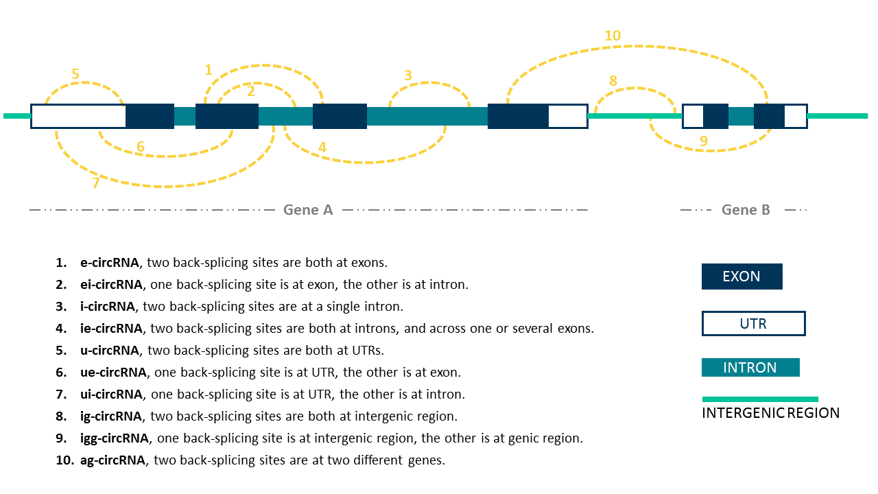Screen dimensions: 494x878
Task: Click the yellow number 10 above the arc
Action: (613, 36)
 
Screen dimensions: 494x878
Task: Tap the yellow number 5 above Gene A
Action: (75, 74)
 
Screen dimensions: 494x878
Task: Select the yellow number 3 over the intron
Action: (407, 75)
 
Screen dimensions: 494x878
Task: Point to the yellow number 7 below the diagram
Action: (95, 183)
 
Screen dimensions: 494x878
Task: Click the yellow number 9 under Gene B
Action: (703, 141)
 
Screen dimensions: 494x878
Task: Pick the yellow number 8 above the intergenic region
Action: (613, 81)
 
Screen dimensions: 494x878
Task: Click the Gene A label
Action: (308, 210)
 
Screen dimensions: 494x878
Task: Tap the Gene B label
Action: (746, 210)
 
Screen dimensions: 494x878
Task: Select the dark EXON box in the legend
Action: (741, 277)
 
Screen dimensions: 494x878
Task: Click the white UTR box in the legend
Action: (753, 323)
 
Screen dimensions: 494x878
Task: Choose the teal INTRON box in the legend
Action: (750, 368)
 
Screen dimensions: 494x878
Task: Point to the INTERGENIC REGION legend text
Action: (770, 413)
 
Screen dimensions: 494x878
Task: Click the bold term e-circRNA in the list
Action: (110, 263)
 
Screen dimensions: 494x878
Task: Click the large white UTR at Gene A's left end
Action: (78, 116)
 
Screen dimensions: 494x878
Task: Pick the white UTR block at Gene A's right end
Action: (567, 116)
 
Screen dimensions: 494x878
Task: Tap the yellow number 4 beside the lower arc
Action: (322, 148)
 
